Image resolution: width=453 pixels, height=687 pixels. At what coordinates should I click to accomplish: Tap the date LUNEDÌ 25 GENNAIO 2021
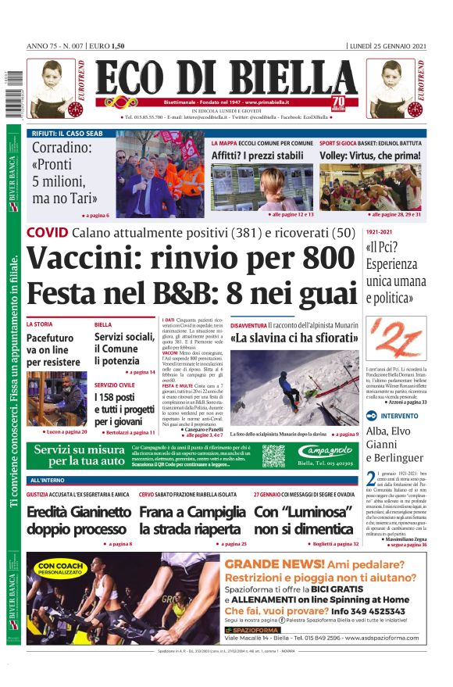click(x=388, y=45)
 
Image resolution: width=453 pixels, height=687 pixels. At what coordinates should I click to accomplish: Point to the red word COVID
click(x=47, y=233)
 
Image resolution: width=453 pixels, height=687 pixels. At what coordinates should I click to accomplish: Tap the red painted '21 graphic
click(x=397, y=342)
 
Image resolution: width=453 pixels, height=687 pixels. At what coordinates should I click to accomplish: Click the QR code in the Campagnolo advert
click(x=273, y=455)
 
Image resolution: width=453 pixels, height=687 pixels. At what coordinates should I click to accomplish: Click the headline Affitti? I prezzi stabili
click(x=257, y=156)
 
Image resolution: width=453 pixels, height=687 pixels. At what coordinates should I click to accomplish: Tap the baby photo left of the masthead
click(x=52, y=87)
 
